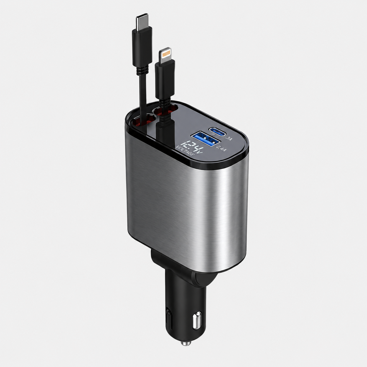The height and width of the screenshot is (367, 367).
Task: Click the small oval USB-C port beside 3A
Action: coord(218,131)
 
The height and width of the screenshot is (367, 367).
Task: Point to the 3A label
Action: coord(228,138)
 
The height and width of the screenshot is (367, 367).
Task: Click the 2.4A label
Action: coord(222,149)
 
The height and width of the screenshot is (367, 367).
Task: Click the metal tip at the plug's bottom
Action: coord(186,342)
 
